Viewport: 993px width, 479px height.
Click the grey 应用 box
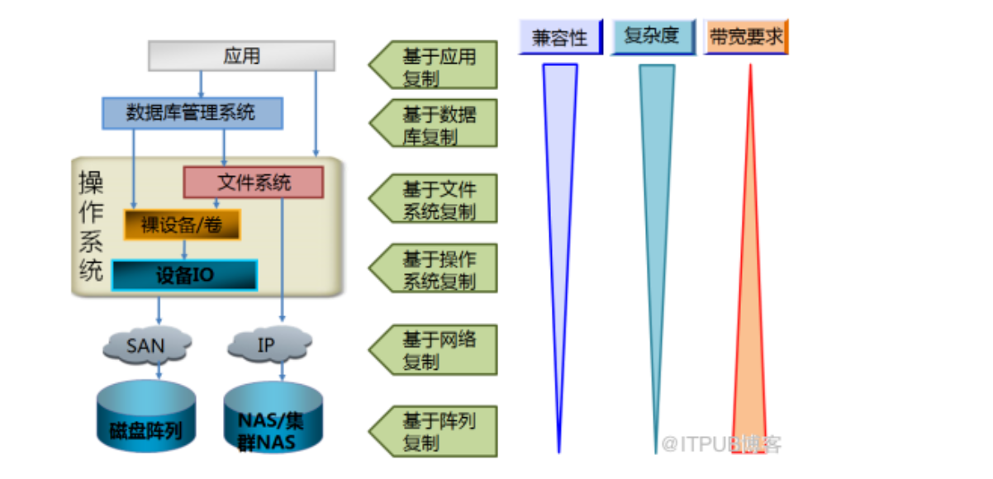tap(241, 55)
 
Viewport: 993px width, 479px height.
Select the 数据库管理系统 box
tap(192, 113)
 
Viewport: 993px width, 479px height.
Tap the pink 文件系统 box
tap(253, 183)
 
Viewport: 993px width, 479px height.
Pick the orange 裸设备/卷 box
tap(182, 225)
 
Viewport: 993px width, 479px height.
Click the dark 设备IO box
tap(184, 275)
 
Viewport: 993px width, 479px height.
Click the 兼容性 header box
tap(560, 38)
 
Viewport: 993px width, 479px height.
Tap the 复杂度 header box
tap(653, 38)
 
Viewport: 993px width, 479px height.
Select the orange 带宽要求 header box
tap(746, 38)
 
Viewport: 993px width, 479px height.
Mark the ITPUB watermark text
tap(720, 444)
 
